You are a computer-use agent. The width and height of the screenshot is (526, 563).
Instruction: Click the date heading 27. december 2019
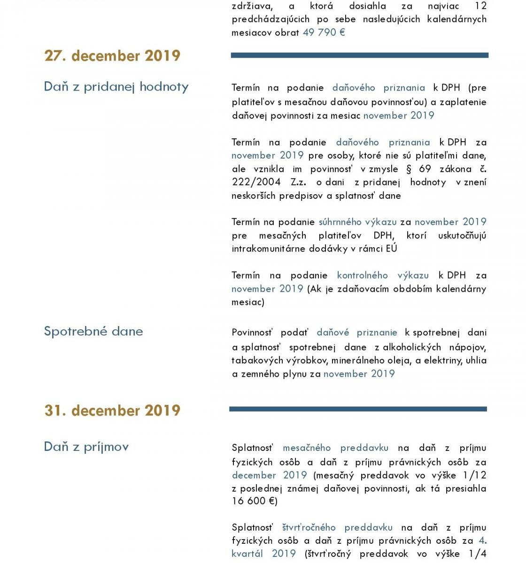pos(112,56)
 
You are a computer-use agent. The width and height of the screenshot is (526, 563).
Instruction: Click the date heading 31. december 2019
pos(112,411)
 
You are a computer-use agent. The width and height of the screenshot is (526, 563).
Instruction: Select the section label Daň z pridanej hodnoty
pos(116,87)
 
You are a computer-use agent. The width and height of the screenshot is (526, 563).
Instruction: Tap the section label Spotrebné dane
pos(93,331)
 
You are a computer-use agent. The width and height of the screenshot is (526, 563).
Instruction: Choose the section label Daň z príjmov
pos(86,447)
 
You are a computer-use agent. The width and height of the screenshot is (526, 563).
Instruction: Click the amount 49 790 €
pos(324,32)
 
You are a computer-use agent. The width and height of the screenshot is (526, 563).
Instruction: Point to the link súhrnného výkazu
pos(357,222)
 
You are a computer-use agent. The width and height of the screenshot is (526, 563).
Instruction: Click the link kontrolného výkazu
pos(383,275)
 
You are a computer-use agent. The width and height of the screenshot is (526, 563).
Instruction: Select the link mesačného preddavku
pos(335,448)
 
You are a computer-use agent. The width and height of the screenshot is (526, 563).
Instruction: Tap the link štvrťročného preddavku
pos(337,528)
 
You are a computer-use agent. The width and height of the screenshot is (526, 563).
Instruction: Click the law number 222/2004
pos(256,182)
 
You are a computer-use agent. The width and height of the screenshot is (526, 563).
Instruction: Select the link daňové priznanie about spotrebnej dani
pos(357,333)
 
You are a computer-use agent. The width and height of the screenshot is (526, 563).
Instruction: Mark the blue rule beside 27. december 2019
pos(359,55)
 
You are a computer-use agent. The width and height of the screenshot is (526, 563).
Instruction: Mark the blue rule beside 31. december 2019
pos(358,409)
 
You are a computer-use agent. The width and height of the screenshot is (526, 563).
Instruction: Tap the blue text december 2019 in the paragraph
pos(269,475)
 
